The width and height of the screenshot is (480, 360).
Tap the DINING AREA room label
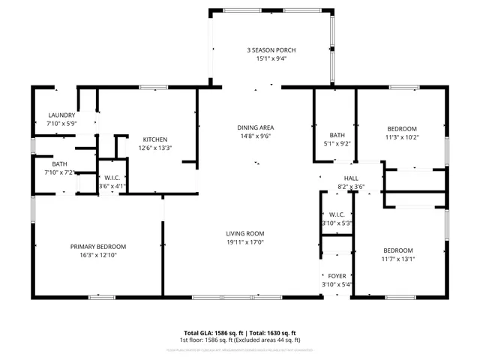coord(255,127)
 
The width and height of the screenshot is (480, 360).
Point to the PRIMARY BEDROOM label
coord(98,247)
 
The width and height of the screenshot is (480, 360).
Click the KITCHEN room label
coord(154,139)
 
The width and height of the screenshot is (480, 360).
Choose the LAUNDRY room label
coord(61,115)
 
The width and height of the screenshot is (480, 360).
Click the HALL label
coord(351,178)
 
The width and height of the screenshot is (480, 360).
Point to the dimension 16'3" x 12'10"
coord(98,255)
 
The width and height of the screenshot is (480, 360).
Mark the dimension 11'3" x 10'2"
coord(401,137)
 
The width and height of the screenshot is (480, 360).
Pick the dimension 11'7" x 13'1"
coord(398,259)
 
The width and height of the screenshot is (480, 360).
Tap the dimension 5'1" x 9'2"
coord(337,143)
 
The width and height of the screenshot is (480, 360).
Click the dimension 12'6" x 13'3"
coord(154,148)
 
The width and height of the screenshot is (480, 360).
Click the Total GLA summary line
coord(240,332)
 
